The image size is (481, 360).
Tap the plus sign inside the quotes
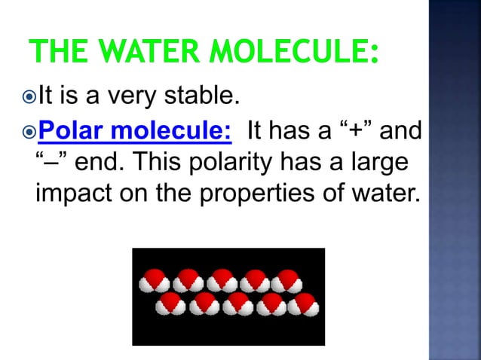pyautogui.click(x=362, y=133)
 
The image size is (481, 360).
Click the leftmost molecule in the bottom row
pyautogui.click(x=171, y=304)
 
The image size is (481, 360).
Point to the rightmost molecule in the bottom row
pyautogui.click(x=305, y=304)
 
